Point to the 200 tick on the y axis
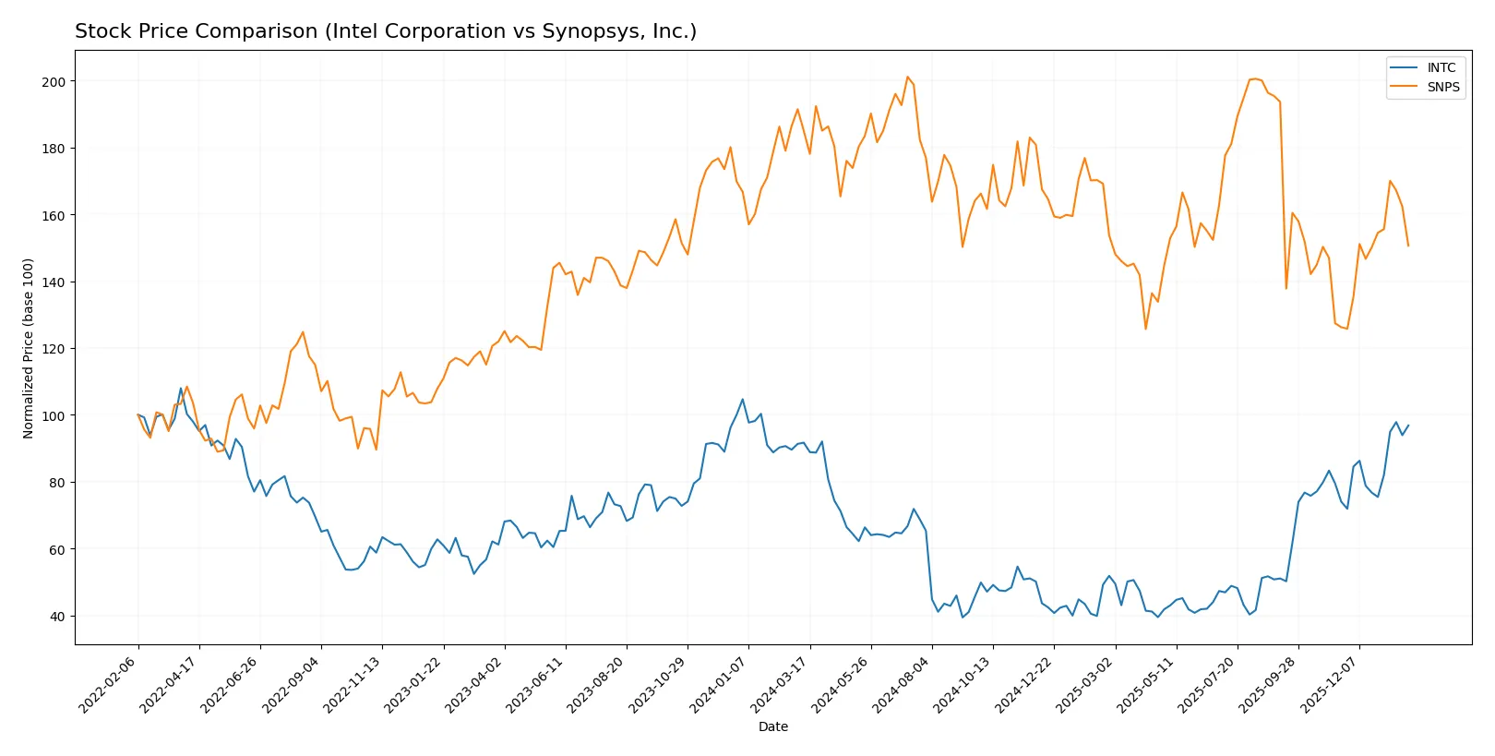[x=54, y=81]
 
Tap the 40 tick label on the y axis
[x=57, y=617]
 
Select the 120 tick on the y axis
[x=54, y=349]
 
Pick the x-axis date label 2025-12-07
[x=1331, y=683]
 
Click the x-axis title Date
[x=772, y=727]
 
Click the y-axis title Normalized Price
[x=28, y=348]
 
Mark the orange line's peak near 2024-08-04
[x=907, y=77]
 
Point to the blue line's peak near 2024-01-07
[x=742, y=400]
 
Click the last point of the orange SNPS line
[x=1408, y=246]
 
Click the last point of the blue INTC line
[x=1408, y=426]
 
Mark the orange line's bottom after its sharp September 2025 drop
[x=1286, y=288]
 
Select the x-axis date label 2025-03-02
[x=1086, y=683]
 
